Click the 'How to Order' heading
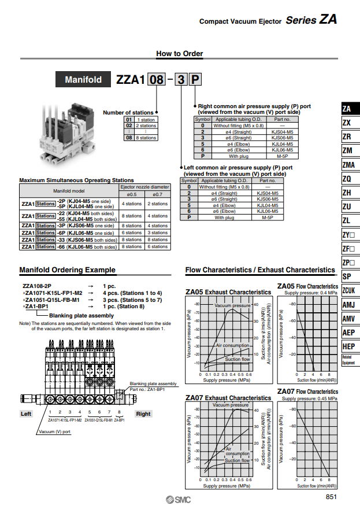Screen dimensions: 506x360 [180, 54]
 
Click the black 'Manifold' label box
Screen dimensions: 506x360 [83, 80]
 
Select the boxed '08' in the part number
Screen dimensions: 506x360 [157, 80]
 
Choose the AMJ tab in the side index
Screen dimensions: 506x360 [348, 305]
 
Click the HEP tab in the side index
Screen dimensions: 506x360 [348, 346]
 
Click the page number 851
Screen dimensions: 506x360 [331, 497]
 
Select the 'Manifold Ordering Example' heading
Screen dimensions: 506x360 [67, 270]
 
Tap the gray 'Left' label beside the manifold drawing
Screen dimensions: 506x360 [27, 413]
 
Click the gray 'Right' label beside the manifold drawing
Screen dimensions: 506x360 [143, 413]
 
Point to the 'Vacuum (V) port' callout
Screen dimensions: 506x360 [55, 431]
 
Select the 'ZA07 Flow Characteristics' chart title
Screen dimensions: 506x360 [307, 391]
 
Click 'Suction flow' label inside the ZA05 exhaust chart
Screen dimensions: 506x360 [237, 360]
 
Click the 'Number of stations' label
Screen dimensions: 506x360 [128, 113]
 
